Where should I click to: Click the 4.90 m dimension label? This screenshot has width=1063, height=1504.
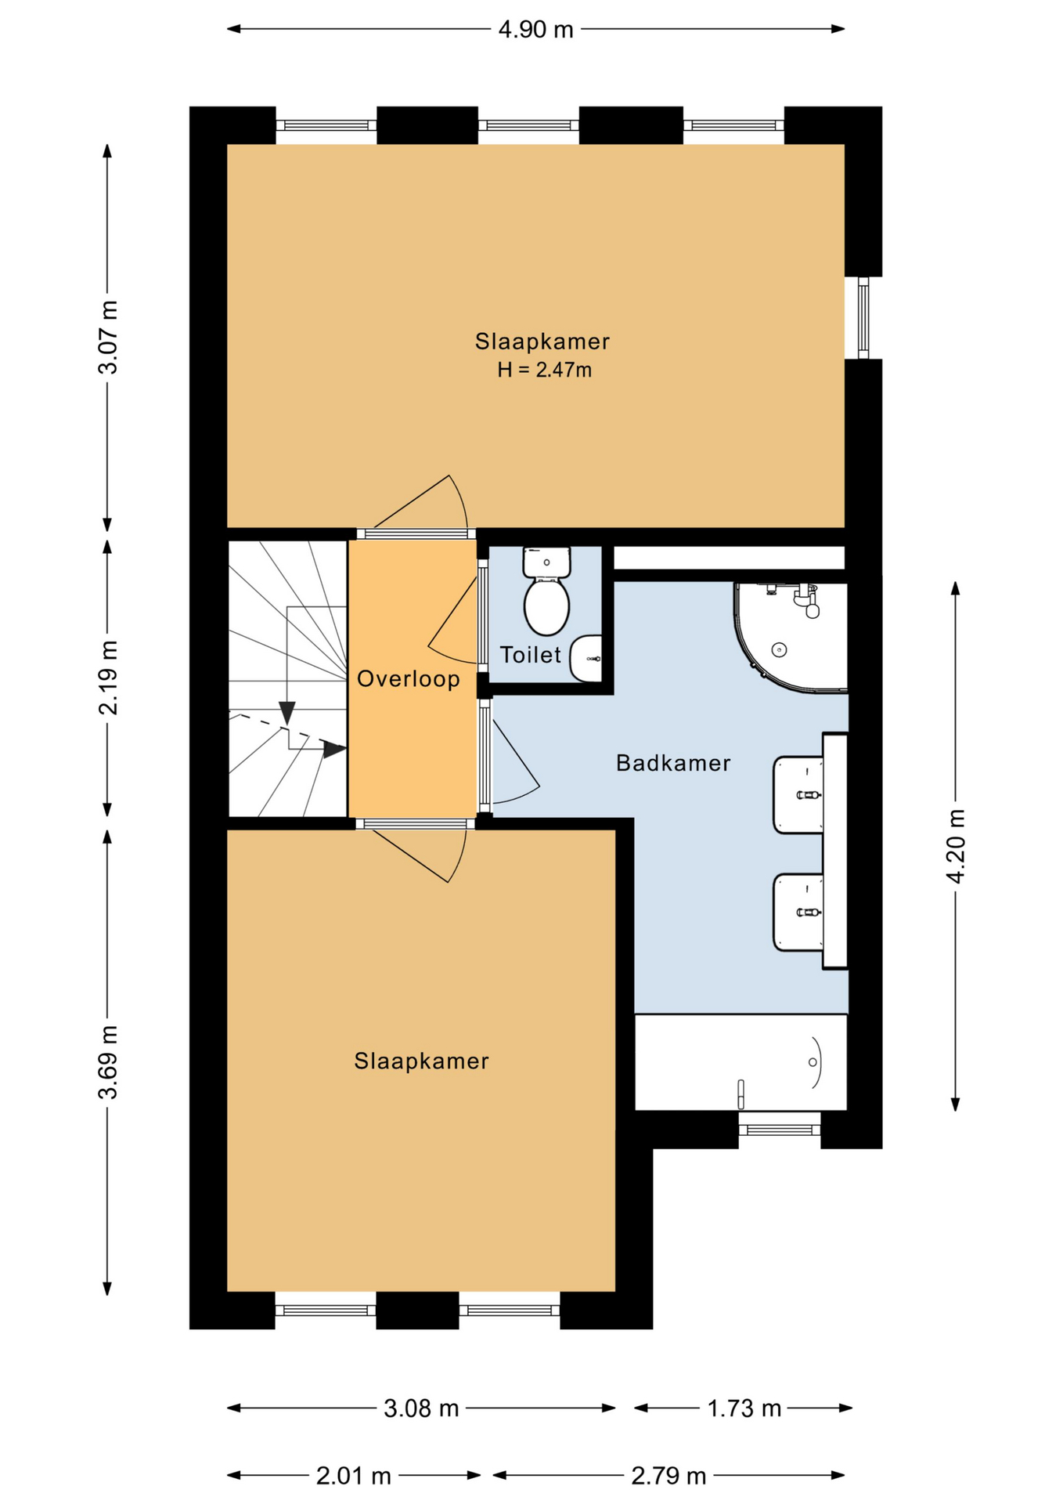[536, 30]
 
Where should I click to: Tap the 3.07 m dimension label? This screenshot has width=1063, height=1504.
[108, 337]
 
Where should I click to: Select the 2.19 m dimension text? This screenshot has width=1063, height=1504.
[108, 678]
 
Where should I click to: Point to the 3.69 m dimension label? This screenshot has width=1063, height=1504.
[108, 1061]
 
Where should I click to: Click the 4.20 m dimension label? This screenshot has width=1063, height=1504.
[956, 846]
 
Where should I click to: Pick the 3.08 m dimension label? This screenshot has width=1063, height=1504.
[421, 1408]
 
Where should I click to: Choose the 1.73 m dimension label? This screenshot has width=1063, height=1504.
[744, 1408]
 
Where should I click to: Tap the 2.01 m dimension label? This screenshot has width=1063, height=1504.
[354, 1476]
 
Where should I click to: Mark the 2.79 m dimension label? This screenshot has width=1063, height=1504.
[669, 1476]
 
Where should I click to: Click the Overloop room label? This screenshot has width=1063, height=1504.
[409, 678]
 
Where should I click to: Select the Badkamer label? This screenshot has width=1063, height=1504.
[673, 763]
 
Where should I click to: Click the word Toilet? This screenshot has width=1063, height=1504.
[531, 655]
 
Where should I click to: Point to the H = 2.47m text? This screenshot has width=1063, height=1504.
[545, 370]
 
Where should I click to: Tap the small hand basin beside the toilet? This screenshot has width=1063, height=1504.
[586, 659]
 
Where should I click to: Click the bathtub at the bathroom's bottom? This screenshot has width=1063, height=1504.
[740, 1062]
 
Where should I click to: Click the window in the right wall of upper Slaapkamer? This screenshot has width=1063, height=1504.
[863, 318]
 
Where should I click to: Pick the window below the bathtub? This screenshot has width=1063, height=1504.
[780, 1129]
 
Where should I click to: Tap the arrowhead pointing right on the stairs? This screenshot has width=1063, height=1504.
[335, 750]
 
